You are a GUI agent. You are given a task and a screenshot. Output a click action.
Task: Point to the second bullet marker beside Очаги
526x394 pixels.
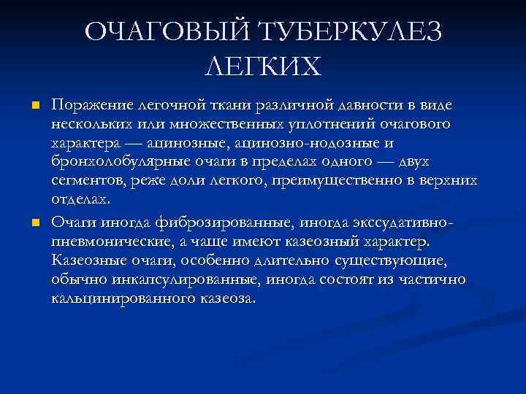34,222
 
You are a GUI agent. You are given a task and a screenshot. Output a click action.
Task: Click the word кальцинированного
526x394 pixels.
126,298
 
